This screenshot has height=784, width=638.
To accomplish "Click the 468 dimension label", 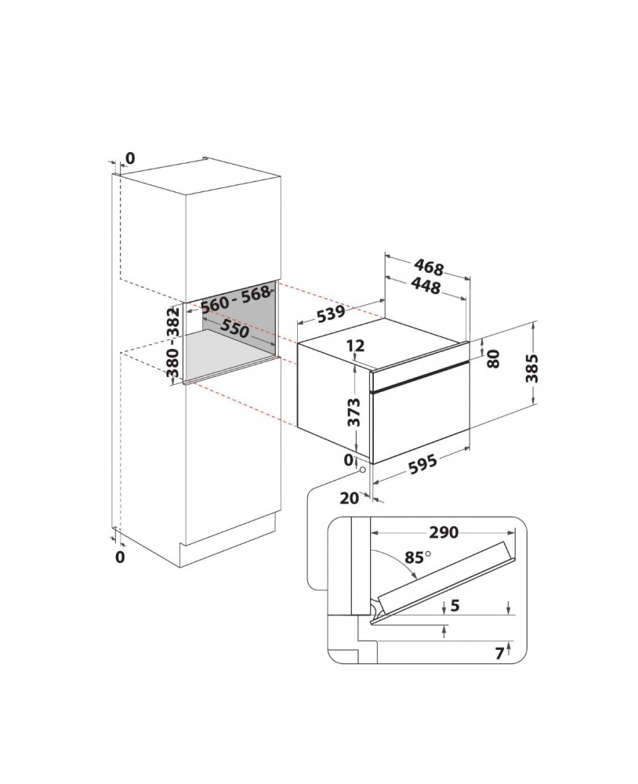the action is [429, 268].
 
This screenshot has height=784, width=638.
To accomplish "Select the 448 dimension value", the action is [426, 286].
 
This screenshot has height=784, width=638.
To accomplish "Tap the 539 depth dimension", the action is [331, 314].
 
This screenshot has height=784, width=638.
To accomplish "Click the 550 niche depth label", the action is [235, 328].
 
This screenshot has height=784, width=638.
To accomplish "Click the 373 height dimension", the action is [353, 412].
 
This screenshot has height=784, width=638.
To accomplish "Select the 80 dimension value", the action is [493, 358].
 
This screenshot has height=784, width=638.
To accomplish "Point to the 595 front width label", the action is [422, 464].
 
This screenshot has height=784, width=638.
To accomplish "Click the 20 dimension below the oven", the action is [350, 498].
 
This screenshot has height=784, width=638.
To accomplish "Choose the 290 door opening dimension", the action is [444, 532].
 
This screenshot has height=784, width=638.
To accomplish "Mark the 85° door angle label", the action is [418, 557].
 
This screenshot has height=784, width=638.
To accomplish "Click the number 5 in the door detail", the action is [455, 605].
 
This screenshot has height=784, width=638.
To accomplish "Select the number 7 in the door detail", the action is [499, 654].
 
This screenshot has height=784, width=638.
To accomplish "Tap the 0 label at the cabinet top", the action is [130, 158].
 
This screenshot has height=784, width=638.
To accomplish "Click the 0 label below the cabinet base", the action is [119, 557].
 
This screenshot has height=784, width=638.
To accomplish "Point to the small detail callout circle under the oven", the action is [361, 470].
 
